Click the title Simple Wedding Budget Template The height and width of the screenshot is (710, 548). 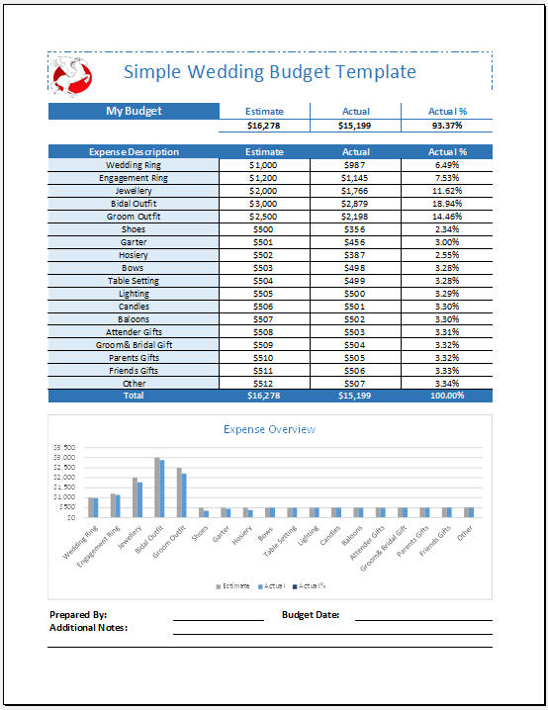tap(269, 72)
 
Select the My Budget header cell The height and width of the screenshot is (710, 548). tap(134, 111)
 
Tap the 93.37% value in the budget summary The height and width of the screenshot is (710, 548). tap(446, 126)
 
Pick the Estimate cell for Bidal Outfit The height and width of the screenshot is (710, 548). tap(264, 203)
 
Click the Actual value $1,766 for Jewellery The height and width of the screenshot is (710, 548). tap(355, 190)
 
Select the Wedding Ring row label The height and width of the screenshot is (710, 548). tap(134, 164)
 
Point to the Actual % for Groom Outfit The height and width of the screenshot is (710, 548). tap(446, 216)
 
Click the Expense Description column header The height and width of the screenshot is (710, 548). tap(134, 151)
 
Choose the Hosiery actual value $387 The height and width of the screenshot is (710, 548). tap(355, 254)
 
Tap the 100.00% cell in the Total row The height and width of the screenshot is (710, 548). tap(446, 396)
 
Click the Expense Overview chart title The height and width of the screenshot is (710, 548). tap(269, 429)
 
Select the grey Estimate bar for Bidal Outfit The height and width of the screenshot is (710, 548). tap(156, 487)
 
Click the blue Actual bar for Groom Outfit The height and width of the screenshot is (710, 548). tap(183, 495)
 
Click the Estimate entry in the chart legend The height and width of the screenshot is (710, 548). tap(233, 586)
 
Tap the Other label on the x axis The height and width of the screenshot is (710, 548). tap(464, 531)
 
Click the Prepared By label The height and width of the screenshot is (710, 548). tap(78, 615)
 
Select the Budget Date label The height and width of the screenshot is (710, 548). tap(311, 615)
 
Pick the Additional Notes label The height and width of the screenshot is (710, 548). tap(88, 628)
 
